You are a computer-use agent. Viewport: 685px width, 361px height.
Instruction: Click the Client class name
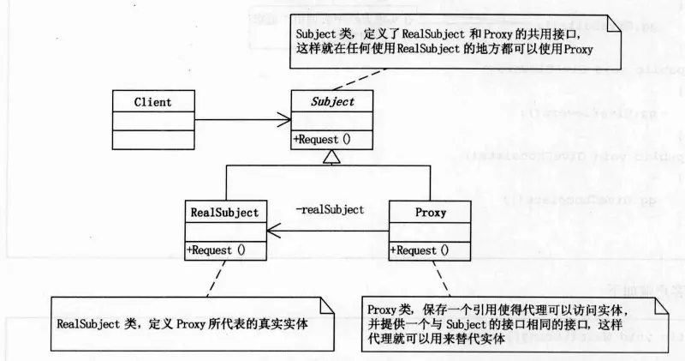point(152,102)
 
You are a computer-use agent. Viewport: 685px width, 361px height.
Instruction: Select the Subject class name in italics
point(332,102)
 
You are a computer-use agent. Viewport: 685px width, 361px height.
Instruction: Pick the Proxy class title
point(430,211)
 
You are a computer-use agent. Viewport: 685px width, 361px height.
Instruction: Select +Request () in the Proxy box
point(420,250)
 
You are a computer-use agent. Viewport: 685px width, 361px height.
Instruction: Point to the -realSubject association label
point(330,209)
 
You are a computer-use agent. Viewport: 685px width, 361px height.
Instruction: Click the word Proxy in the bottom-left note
point(193,325)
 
